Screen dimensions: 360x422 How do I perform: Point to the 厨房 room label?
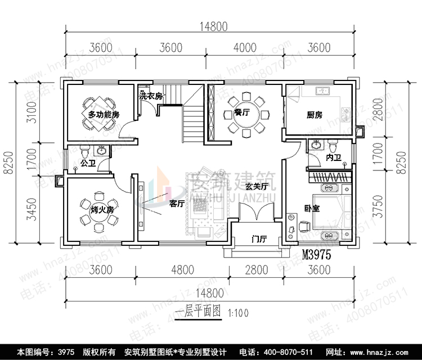[315, 115]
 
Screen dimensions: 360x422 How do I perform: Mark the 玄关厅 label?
[271, 187]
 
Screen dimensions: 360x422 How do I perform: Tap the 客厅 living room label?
[177, 204]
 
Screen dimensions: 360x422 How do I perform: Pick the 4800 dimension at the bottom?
[182, 270]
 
